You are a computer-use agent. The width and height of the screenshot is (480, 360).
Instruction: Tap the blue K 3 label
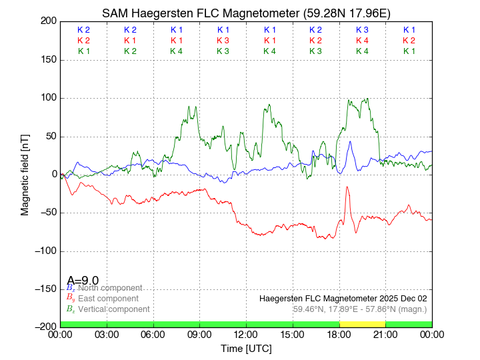[362, 30]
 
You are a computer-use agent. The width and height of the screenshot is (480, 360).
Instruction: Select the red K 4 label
[362, 41]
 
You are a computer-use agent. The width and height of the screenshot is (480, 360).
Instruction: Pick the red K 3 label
[223, 41]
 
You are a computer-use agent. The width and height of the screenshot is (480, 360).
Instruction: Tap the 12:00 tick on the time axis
[246, 334]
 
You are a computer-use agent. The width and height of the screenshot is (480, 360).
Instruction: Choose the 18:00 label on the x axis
[339, 334]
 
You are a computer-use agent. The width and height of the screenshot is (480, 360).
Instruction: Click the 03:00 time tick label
[107, 334]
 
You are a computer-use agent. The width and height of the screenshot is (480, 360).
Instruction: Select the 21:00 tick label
[385, 334]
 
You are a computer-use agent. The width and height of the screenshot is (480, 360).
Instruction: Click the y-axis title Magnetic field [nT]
[25, 173]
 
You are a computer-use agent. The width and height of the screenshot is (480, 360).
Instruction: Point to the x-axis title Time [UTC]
[246, 348]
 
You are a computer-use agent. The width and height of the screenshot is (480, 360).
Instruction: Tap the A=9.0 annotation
[83, 281]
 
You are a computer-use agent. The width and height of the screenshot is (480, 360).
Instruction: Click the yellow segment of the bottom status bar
[362, 323]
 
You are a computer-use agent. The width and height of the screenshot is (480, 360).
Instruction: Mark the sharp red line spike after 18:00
[347, 189]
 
